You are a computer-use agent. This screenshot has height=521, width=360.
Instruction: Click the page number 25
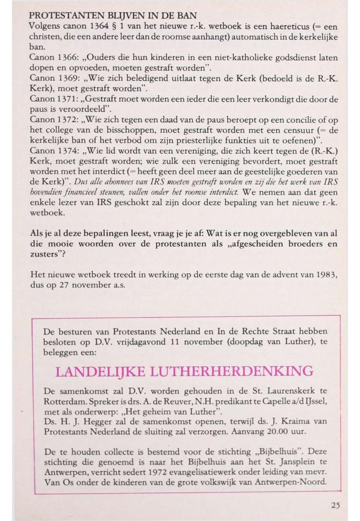(335, 505)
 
